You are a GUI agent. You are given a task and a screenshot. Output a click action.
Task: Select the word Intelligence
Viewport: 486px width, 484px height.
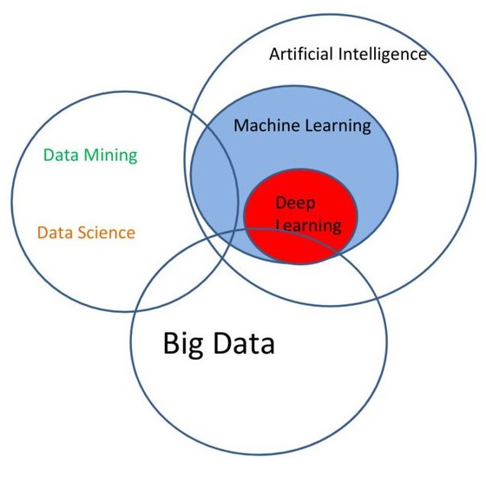tap(383, 55)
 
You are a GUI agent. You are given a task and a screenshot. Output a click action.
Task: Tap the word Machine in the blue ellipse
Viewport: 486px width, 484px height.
tap(266, 126)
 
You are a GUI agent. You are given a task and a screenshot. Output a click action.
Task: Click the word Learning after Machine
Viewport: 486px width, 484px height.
tap(338, 127)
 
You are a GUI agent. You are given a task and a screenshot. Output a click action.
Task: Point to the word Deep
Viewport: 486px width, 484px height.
tap(295, 204)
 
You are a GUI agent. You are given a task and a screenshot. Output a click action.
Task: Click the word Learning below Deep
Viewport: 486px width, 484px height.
tap(309, 225)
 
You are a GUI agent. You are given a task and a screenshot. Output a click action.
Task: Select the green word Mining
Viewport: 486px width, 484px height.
tap(110, 156)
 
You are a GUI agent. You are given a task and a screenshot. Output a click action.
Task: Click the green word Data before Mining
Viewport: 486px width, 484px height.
tap(61, 155)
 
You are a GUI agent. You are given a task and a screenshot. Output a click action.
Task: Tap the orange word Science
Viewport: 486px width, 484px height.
tap(106, 232)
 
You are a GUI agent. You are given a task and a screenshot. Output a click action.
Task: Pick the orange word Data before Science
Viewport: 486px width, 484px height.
tap(55, 232)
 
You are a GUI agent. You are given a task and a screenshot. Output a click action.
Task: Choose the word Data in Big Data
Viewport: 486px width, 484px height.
tap(244, 343)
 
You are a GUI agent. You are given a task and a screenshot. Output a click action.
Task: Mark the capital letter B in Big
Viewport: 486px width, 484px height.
tap(171, 343)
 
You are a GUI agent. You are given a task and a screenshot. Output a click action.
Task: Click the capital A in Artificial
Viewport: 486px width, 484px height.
tap(275, 54)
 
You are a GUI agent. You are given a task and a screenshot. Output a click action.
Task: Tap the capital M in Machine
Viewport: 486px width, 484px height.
tap(241, 126)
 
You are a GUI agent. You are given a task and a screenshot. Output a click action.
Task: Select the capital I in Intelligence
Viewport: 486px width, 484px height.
tap(340, 54)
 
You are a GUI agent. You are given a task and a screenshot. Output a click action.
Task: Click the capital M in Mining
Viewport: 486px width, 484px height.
tap(91, 155)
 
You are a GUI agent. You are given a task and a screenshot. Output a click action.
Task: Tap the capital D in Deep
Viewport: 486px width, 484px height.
tap(281, 202)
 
